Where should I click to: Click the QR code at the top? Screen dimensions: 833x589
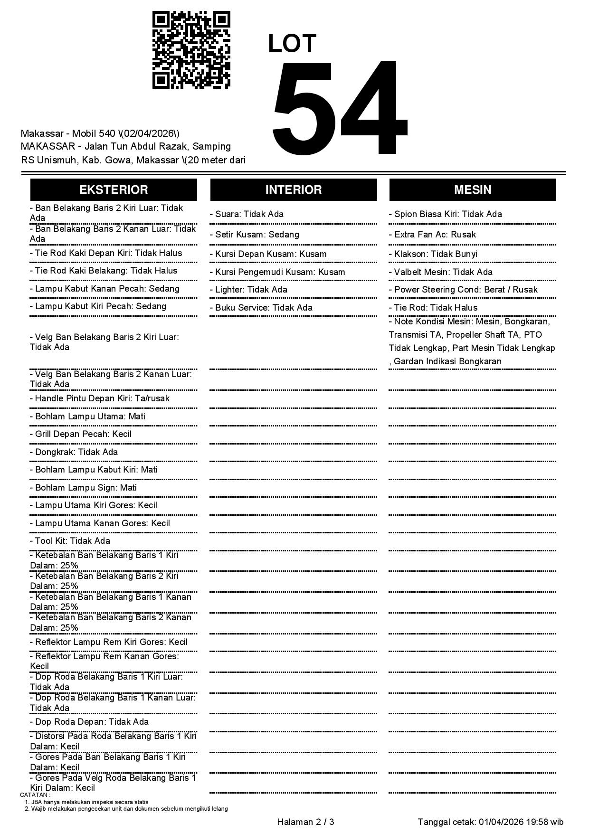pyautogui.click(x=191, y=50)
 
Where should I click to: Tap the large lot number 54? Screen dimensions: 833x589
pyautogui.click(x=339, y=108)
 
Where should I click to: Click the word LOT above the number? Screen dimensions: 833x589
pyautogui.click(x=292, y=44)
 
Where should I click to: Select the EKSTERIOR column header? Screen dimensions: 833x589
pyautogui.click(x=114, y=189)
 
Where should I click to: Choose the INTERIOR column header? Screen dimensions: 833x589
pyautogui.click(x=293, y=189)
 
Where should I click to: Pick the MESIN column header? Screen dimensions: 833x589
pyautogui.click(x=472, y=189)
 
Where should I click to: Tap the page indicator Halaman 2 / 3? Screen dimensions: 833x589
pyautogui.click(x=305, y=822)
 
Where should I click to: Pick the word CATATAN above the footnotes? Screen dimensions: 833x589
pyautogui.click(x=35, y=795)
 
